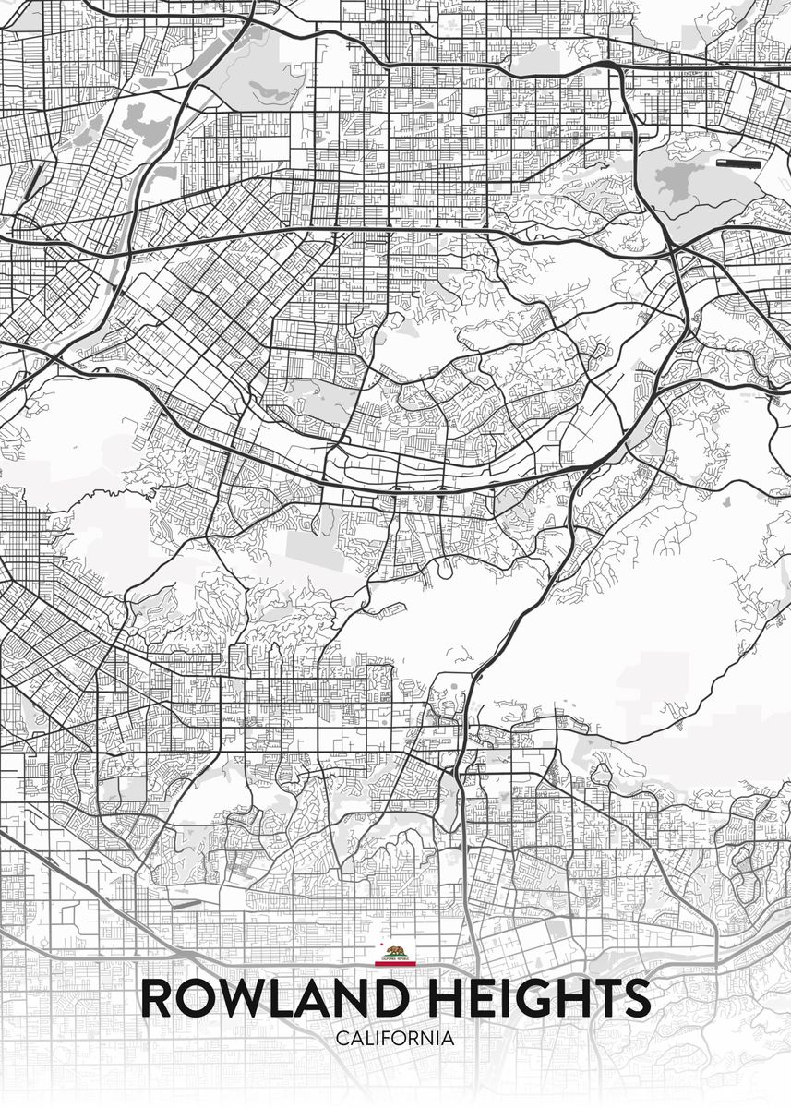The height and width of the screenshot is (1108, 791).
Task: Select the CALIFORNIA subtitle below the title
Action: coord(395,1039)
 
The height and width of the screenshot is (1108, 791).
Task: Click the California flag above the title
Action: coord(395,955)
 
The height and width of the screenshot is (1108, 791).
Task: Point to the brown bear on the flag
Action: coord(396,951)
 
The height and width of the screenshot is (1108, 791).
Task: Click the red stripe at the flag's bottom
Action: coord(395,964)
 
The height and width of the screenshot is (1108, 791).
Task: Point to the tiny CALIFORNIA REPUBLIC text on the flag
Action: coord(395,959)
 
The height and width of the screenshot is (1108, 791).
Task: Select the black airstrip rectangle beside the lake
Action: coord(737,163)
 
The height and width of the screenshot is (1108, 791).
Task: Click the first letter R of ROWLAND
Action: coord(158,999)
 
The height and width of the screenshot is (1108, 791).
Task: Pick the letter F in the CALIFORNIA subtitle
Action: coord(387,1039)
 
